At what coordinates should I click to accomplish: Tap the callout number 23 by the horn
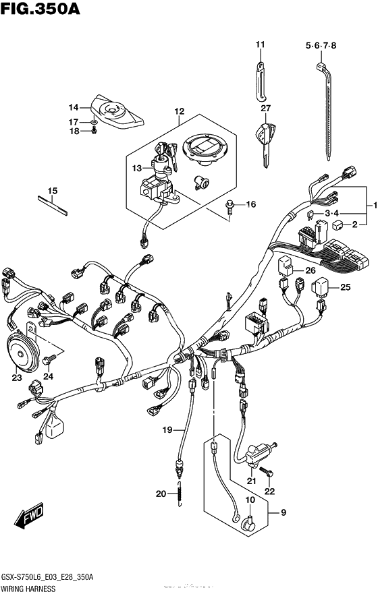click(16, 378)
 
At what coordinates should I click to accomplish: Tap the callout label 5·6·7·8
click(320, 45)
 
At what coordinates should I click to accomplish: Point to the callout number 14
click(74, 107)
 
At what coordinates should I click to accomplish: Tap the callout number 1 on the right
click(370, 205)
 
